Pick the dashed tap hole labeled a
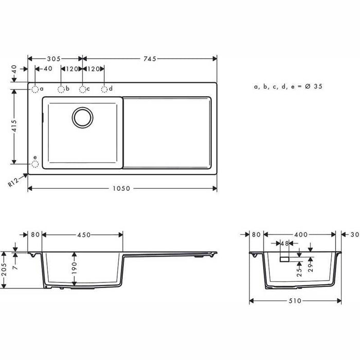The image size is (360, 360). tap(35, 89)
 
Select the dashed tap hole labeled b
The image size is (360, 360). tap(61, 89)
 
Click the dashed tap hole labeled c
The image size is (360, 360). tap(82, 89)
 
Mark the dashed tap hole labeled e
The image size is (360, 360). tap(35, 164)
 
